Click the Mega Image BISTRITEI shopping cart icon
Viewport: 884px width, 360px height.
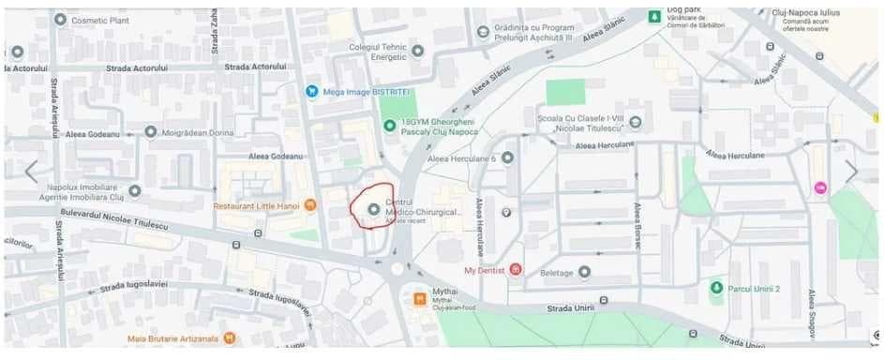pos(312,91)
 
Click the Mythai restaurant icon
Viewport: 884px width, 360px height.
pos(420,299)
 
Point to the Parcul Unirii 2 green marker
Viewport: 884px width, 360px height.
pos(717,288)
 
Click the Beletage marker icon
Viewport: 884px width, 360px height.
pos(585,272)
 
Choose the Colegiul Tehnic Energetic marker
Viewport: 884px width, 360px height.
pos(418,51)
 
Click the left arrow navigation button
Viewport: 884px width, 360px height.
pos(31,172)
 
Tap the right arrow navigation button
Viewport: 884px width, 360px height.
pos(851,172)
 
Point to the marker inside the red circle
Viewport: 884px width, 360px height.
pos(373,208)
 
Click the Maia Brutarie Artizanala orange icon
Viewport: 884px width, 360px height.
pos(230,337)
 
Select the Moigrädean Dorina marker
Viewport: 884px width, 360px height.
pos(151,132)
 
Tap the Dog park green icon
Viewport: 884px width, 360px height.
pos(654,16)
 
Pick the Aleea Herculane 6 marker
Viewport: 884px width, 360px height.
pos(507,158)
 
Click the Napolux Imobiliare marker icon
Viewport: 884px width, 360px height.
pos(135,191)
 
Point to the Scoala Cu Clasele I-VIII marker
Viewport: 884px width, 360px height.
pos(636,122)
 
